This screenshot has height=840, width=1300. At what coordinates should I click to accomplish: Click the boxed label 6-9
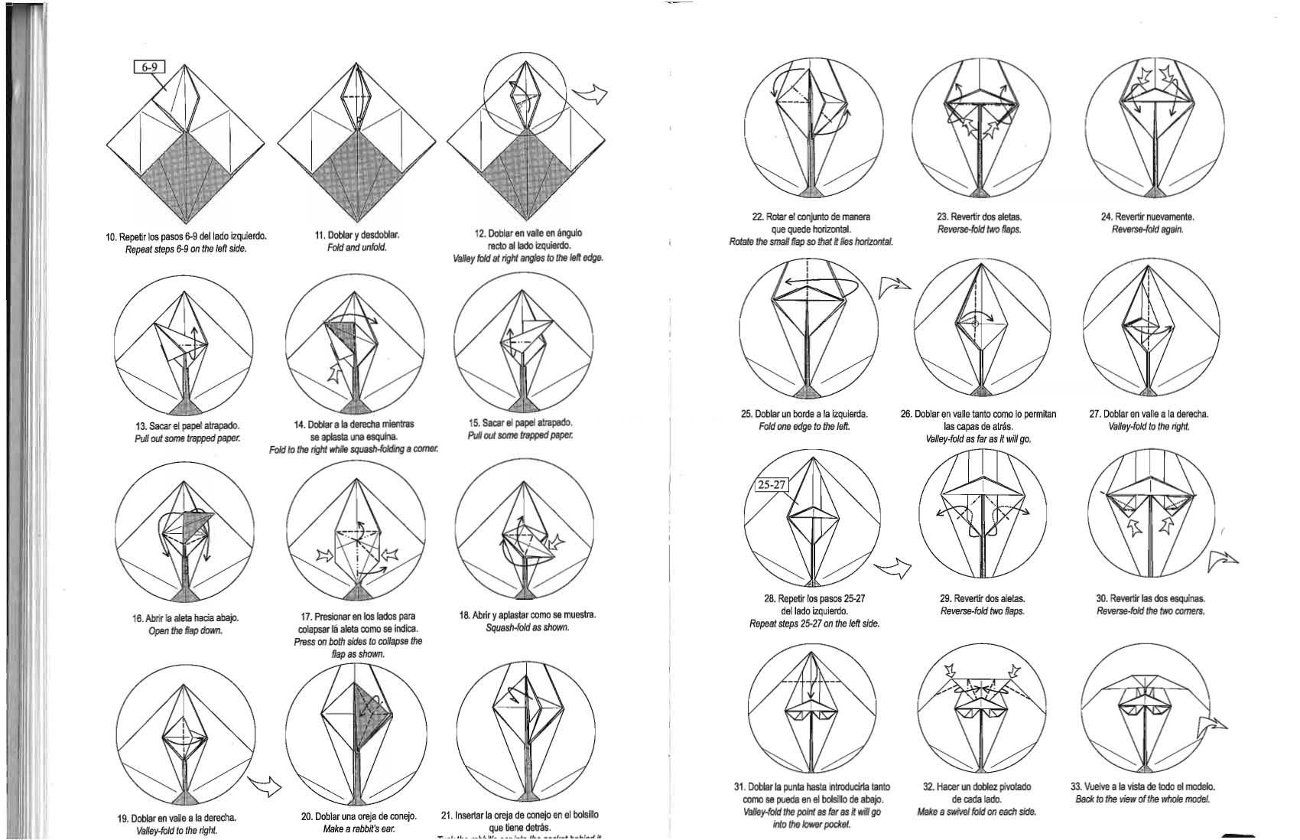point(149,69)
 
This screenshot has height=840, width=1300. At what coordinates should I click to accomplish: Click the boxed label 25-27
point(772,484)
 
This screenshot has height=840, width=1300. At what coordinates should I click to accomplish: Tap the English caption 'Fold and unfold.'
point(357,248)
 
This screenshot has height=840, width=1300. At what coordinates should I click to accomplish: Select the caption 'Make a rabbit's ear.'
point(359,829)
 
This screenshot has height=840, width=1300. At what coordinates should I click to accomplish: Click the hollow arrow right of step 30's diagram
point(1222,563)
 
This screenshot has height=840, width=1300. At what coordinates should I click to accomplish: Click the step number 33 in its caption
point(1076,786)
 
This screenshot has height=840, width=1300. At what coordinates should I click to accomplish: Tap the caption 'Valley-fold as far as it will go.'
point(978,439)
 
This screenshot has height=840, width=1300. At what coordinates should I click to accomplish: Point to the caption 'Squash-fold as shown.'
point(527,628)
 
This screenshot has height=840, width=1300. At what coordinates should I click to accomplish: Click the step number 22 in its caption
point(757,217)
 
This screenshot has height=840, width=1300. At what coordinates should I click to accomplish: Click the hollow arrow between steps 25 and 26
point(895,285)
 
